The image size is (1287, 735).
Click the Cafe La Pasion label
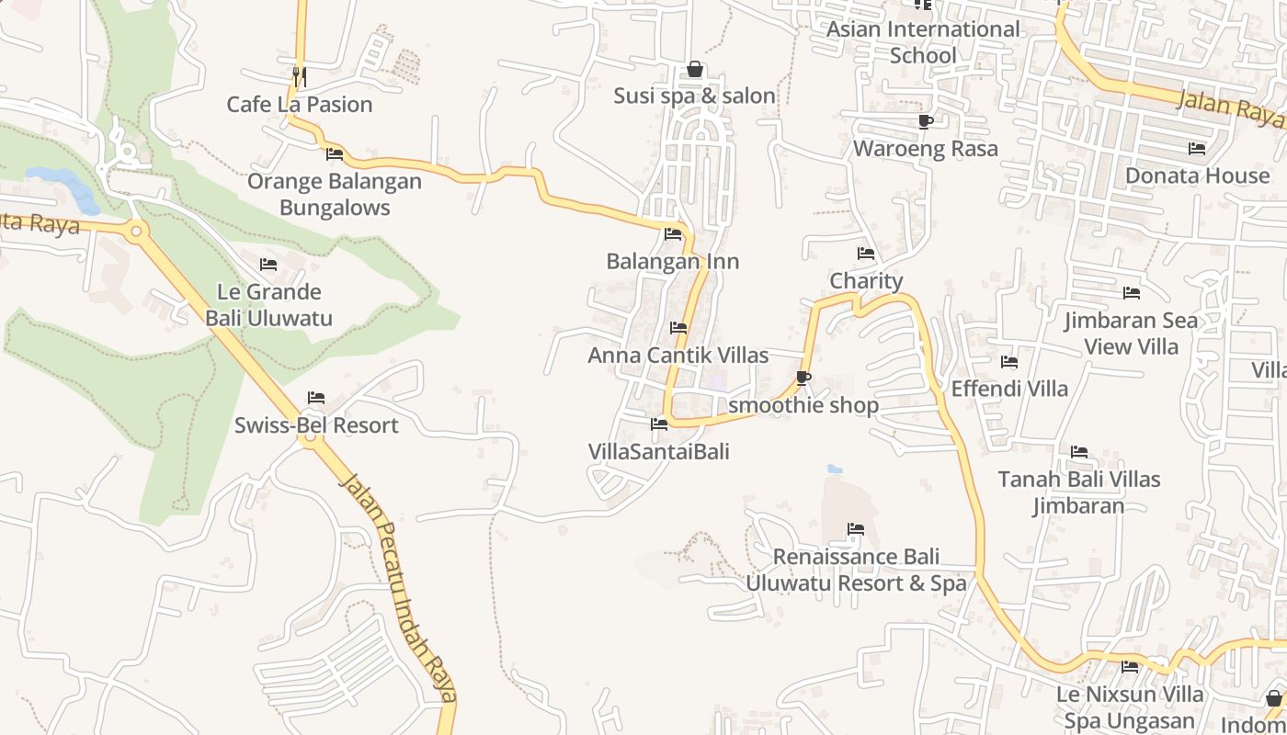pyautogui.click(x=300, y=105)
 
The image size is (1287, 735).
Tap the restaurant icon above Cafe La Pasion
pyautogui.click(x=299, y=75)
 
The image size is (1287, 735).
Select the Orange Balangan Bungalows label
pyautogui.click(x=335, y=195)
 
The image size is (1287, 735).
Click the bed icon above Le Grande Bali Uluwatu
pyautogui.click(x=268, y=265)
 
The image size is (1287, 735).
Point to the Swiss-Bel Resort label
pyautogui.click(x=316, y=425)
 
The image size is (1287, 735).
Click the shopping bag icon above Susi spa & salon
pyautogui.click(x=695, y=70)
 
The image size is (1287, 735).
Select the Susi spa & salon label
pyautogui.click(x=695, y=96)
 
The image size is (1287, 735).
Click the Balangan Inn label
pyautogui.click(x=673, y=262)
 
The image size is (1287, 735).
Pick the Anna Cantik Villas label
pyautogui.click(x=678, y=355)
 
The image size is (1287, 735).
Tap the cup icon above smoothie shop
pyautogui.click(x=803, y=378)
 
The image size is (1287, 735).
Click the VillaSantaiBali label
pyautogui.click(x=659, y=451)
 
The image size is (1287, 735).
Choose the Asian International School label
pyautogui.click(x=923, y=42)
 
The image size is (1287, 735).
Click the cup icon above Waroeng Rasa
pyautogui.click(x=926, y=122)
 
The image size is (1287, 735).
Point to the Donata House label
pyautogui.click(x=1197, y=175)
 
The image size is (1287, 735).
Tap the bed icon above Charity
pyautogui.click(x=866, y=254)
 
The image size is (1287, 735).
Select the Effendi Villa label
pyautogui.click(x=1009, y=389)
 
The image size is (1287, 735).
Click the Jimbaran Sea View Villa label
pyautogui.click(x=1131, y=334)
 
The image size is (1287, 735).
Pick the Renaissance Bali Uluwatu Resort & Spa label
pyautogui.click(x=856, y=570)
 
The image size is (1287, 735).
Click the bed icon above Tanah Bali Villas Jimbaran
pyautogui.click(x=1079, y=452)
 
